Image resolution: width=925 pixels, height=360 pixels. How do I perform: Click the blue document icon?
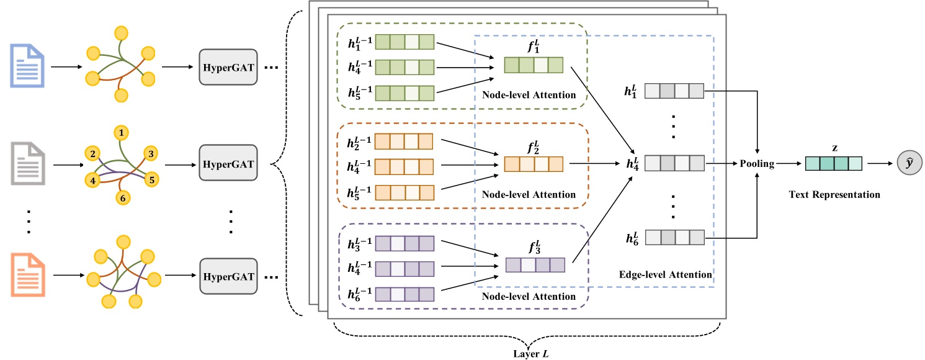pyautogui.click(x=27, y=64)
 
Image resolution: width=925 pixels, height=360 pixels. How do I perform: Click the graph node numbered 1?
pyautogui.click(x=122, y=133)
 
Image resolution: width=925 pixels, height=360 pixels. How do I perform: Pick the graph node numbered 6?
pyautogui.click(x=122, y=197)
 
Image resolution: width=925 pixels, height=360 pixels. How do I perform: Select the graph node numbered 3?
pyautogui.click(x=149, y=153)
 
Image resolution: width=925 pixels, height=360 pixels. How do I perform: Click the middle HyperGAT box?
pyautogui.click(x=227, y=165)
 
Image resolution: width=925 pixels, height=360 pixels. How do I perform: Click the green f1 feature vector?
pyautogui.click(x=533, y=65)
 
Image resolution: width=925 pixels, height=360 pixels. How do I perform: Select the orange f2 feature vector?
pyautogui.click(x=533, y=164)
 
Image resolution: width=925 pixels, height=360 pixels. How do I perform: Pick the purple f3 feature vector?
pyautogui.click(x=535, y=265)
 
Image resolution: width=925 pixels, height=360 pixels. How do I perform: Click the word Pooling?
pyautogui.click(x=757, y=164)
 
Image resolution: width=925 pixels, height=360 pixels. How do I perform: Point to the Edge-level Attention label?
pyautogui.click(x=665, y=274)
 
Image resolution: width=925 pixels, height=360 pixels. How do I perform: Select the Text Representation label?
pyautogui.click(x=834, y=194)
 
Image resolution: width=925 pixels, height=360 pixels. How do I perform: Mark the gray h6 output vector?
pyautogui.click(x=674, y=237)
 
